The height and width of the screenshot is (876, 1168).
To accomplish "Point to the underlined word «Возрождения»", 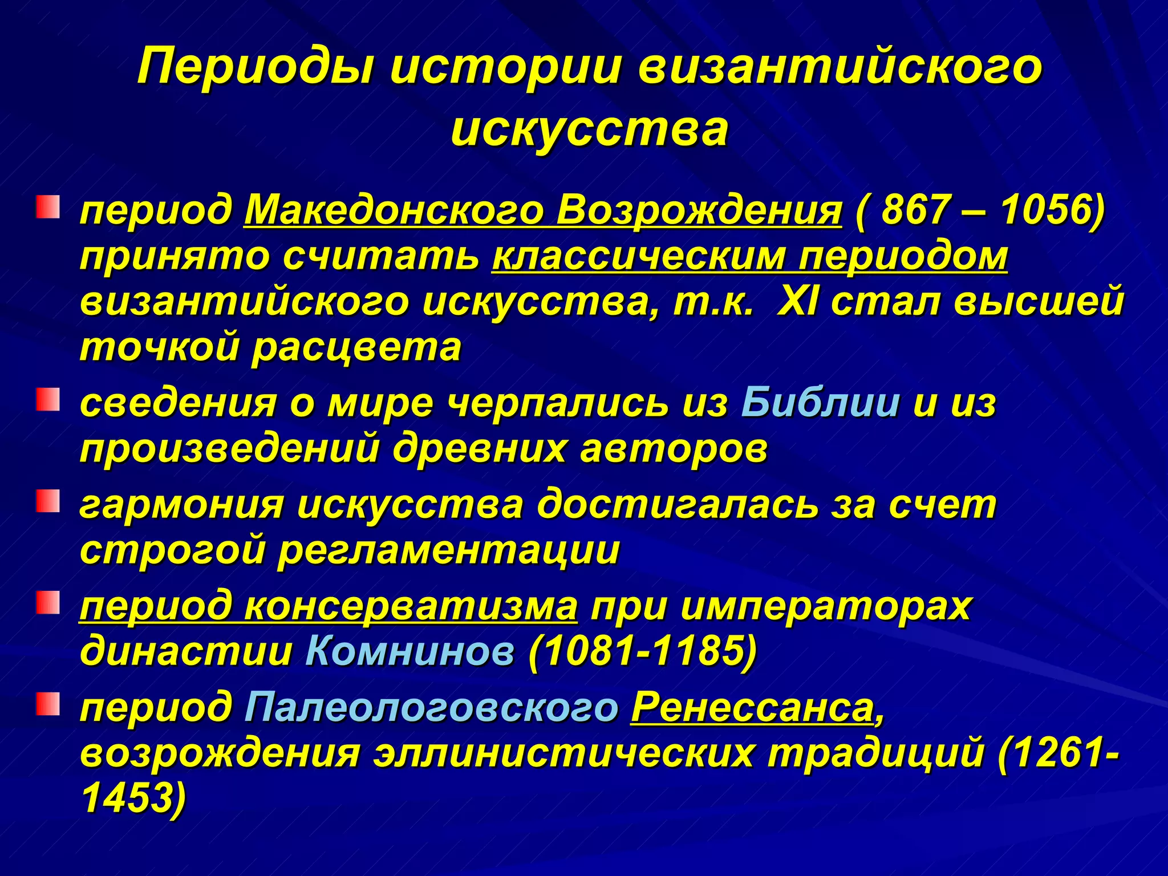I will click(699, 210).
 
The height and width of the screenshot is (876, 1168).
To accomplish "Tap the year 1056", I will click(1044, 210).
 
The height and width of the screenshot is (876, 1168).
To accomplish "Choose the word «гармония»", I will click(182, 505).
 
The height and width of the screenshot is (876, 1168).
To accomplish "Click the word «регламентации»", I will click(448, 551).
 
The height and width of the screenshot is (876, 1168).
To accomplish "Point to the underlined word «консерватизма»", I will click(411, 606).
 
